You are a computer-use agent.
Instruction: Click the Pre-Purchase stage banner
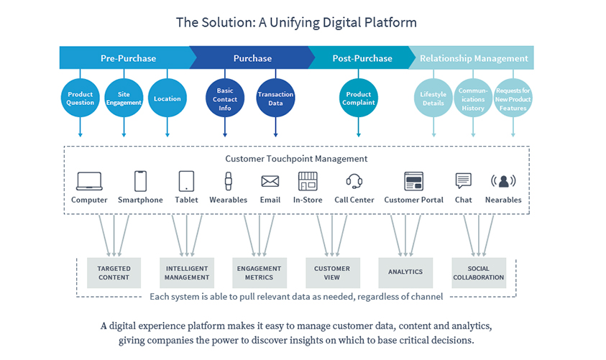point(127,58)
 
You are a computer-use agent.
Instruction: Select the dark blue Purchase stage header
point(252,58)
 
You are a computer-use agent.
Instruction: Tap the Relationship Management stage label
point(474,58)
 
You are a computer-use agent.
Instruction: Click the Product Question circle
point(80,98)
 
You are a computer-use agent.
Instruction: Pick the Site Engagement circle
point(124,98)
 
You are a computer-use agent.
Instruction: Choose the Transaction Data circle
point(275,98)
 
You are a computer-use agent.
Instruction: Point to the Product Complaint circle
point(358,98)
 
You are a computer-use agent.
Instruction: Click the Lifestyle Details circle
point(433,98)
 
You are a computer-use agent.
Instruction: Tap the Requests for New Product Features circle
point(513,98)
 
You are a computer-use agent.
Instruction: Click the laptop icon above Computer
point(89,181)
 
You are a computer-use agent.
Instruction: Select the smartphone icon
point(140,181)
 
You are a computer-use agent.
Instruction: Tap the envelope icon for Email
point(270,181)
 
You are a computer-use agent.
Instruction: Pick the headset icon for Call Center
point(354,181)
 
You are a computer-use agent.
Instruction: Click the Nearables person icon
point(503,181)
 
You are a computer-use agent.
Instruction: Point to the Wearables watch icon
point(229,181)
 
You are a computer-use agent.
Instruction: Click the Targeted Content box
point(114,273)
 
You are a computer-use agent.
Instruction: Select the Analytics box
point(405,273)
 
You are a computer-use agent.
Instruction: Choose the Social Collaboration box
point(479,273)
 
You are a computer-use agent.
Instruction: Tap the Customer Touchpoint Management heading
point(296,159)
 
